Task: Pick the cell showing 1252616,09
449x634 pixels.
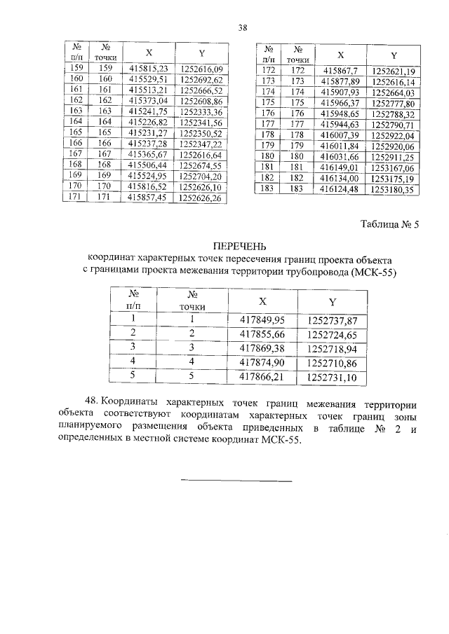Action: pyautogui.click(x=201, y=69)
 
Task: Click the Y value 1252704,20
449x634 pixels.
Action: pyautogui.click(x=201, y=177)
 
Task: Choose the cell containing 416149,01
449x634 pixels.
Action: pyautogui.click(x=339, y=167)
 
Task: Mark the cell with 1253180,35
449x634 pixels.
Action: pyautogui.click(x=394, y=188)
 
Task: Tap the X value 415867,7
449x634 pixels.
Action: pyautogui.click(x=339, y=71)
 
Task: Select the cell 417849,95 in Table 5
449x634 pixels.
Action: pyautogui.click(x=263, y=320)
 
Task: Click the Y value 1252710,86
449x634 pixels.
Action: pyautogui.click(x=333, y=362)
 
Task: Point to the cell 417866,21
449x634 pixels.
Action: pyautogui.click(x=263, y=377)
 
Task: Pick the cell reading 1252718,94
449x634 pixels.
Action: pyautogui.click(x=333, y=348)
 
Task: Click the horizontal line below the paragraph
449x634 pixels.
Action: pyautogui.click(x=236, y=481)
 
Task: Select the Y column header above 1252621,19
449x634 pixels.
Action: pyautogui.click(x=394, y=55)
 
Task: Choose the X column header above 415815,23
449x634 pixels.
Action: pyautogui.click(x=149, y=53)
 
